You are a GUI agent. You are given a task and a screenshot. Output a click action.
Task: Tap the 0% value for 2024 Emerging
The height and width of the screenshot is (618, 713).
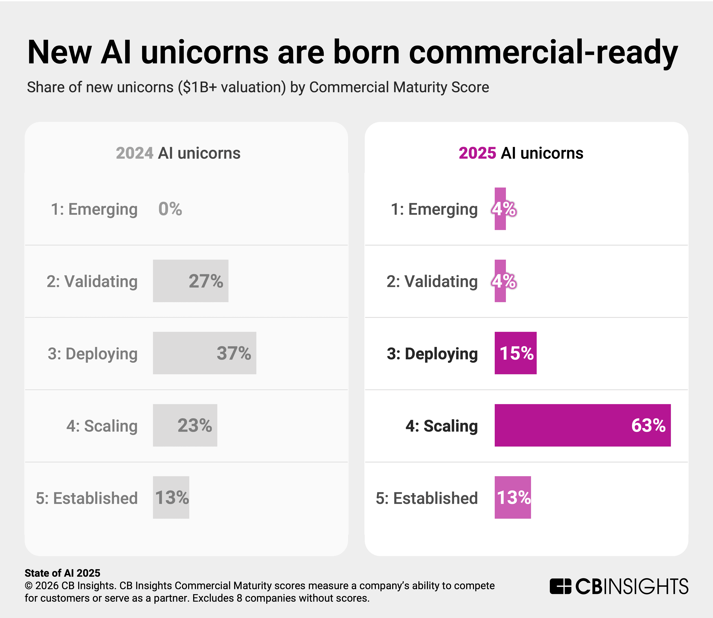click(170, 209)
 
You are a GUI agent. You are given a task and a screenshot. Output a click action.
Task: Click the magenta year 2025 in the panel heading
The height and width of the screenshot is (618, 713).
click(477, 153)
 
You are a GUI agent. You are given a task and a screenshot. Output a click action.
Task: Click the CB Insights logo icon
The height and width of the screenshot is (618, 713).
click(560, 587)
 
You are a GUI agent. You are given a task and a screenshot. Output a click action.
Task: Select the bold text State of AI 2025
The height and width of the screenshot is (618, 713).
click(62, 573)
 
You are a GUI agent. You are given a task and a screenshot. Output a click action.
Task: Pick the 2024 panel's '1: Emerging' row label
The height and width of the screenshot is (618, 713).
click(94, 209)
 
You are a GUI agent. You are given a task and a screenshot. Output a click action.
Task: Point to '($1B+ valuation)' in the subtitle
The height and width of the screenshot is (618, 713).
click(232, 87)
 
